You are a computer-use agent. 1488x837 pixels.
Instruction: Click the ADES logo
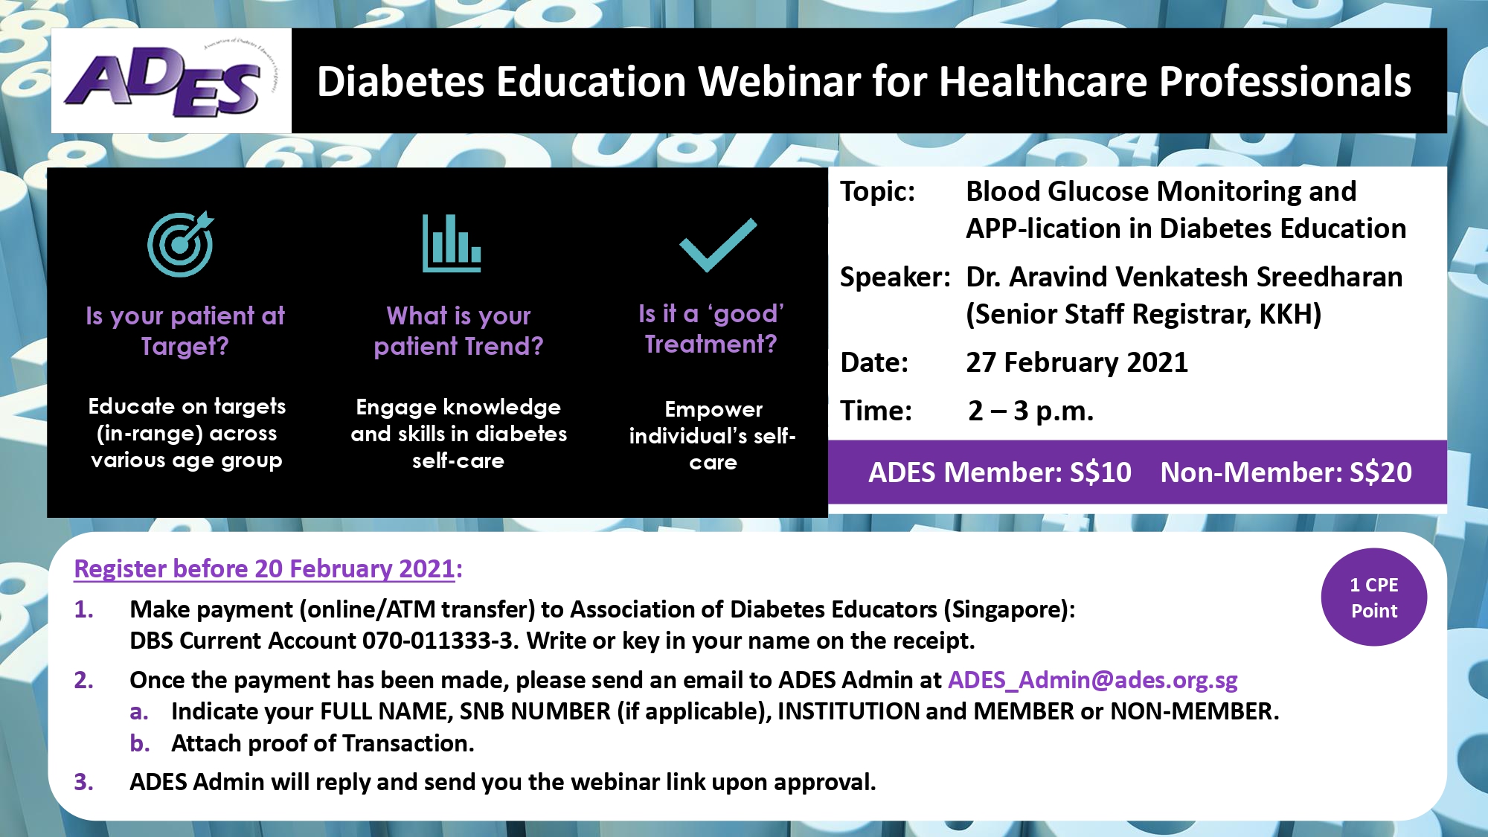pos(167,80)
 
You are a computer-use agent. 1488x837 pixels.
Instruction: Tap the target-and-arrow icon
pos(181,243)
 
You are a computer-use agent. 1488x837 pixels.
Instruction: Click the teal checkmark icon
pos(718,245)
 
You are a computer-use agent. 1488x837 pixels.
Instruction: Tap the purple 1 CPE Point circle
pos(1374,597)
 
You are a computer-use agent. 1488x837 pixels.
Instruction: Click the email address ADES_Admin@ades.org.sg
pos(1093,679)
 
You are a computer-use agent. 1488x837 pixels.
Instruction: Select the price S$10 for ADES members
pos(1100,472)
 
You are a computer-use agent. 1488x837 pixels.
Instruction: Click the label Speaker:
pos(895,277)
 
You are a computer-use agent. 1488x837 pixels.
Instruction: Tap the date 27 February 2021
pos(1077,362)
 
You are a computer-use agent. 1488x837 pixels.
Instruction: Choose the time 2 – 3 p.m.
pos(1030,411)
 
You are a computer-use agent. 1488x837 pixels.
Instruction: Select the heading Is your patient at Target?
pos(185,330)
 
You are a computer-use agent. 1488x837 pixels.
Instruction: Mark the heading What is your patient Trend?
pos(459,330)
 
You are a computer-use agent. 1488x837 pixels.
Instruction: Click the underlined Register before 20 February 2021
pos(264,569)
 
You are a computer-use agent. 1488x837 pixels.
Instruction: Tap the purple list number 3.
pos(83,782)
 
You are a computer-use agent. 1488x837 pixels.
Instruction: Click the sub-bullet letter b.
pos(139,743)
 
